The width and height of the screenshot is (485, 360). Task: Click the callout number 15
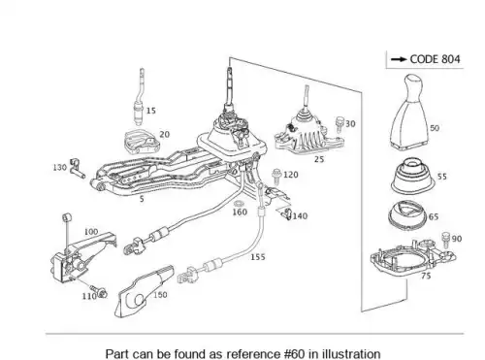click(x=151, y=111)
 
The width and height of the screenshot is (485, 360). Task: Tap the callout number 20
click(x=165, y=134)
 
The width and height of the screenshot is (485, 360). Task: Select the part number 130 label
click(x=59, y=167)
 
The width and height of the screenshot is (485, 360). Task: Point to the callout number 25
click(x=319, y=159)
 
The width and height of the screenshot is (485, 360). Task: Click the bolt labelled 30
click(x=339, y=124)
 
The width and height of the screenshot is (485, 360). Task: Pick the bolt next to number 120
click(x=276, y=177)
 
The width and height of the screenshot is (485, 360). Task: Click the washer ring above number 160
click(x=239, y=204)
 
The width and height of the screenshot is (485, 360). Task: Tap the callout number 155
click(x=258, y=257)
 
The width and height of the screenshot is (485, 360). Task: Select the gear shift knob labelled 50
click(x=410, y=112)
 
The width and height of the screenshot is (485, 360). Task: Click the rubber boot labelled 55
click(x=413, y=176)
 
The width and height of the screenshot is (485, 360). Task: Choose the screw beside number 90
click(x=446, y=240)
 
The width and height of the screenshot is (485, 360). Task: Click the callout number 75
click(x=426, y=276)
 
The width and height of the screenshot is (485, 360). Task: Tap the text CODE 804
click(x=435, y=59)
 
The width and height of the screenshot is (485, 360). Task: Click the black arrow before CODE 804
click(x=400, y=59)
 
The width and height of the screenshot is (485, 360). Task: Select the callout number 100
click(x=91, y=232)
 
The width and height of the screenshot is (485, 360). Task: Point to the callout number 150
click(x=160, y=295)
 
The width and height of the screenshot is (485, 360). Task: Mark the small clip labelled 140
click(x=286, y=214)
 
